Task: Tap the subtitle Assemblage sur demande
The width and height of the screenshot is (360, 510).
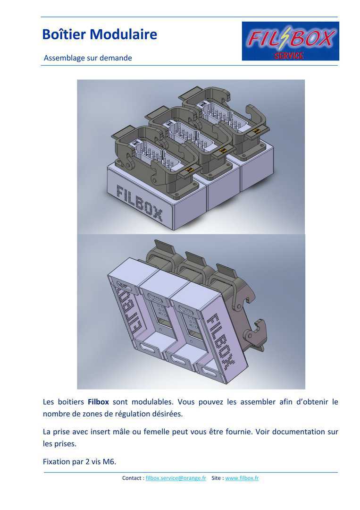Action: tap(88, 58)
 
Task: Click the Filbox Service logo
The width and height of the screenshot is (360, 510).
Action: tap(291, 41)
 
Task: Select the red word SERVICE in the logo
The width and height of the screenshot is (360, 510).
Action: tap(289, 56)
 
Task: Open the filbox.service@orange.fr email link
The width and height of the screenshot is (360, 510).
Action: tap(176, 478)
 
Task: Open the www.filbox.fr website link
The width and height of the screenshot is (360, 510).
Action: tap(242, 478)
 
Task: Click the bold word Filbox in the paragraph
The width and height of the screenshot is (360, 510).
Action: tap(98, 402)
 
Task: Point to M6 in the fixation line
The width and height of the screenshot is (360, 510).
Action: tap(109, 461)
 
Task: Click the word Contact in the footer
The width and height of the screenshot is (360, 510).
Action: tap(132, 478)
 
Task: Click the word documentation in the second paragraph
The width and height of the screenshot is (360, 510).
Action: tap(299, 432)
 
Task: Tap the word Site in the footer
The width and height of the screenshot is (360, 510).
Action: tap(216, 478)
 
